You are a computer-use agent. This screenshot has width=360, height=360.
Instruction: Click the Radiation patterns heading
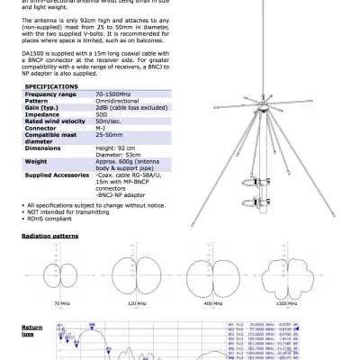point(49,235)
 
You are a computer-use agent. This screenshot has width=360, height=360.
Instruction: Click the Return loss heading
point(31,330)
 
